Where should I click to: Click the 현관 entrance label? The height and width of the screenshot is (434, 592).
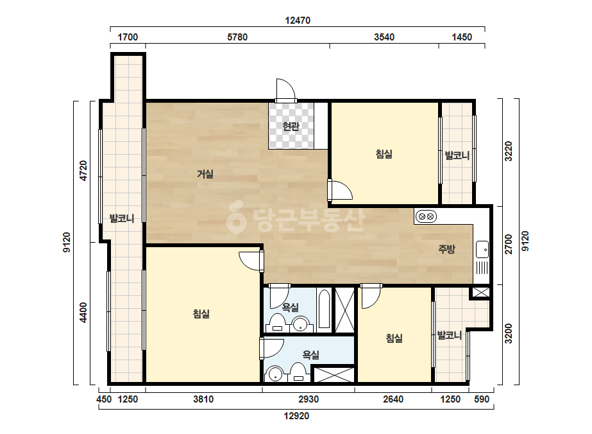coord(291,126)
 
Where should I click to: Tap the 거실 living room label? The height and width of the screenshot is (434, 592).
coord(205,174)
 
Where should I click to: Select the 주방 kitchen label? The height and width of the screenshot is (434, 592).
coord(446,248)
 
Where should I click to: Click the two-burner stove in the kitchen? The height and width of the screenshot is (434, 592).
coord(427,216)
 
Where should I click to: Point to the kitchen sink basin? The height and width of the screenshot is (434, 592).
coord(482,250)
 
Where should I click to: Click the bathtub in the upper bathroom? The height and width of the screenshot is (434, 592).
coord(324,309)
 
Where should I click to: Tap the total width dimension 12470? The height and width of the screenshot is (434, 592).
coord(298,21)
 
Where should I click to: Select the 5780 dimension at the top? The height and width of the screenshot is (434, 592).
coord(237,37)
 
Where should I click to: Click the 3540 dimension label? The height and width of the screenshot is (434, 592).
coord(384,37)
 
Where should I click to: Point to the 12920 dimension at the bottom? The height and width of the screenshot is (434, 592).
coord(296,416)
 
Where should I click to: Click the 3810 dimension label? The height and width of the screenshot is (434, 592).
coord(203,399)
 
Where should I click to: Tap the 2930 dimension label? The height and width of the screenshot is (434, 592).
coord(309,399)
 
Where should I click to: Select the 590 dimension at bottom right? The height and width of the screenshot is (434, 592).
coord(482,399)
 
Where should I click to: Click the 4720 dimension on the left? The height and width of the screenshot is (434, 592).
coord(83,171)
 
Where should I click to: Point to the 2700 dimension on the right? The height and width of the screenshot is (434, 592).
coord(509,244)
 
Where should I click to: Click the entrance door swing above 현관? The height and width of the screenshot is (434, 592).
coord(285,90)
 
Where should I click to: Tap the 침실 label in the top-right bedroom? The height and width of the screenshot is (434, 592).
coord(384,154)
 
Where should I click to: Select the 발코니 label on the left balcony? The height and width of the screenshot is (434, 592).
coord(122,218)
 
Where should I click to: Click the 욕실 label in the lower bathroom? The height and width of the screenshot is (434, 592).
coord(311,354)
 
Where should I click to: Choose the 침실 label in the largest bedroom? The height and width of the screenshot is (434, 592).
coord(201,314)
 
